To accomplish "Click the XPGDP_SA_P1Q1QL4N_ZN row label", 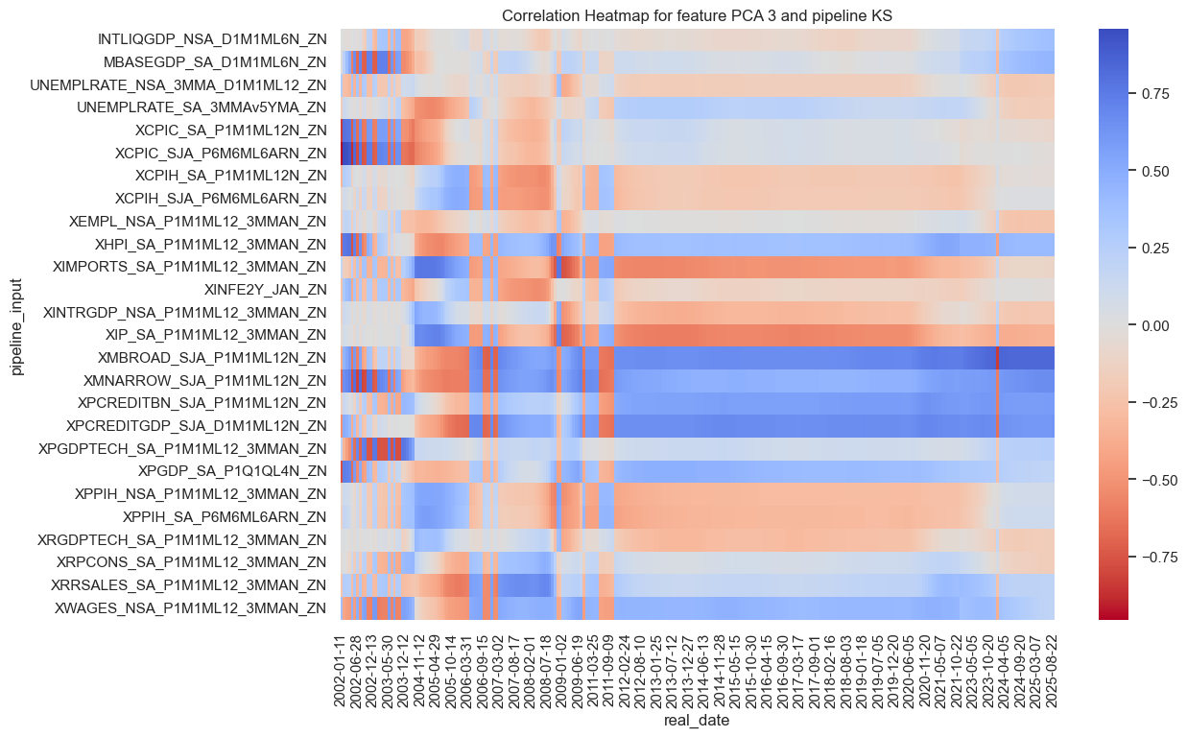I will point(232,471).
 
